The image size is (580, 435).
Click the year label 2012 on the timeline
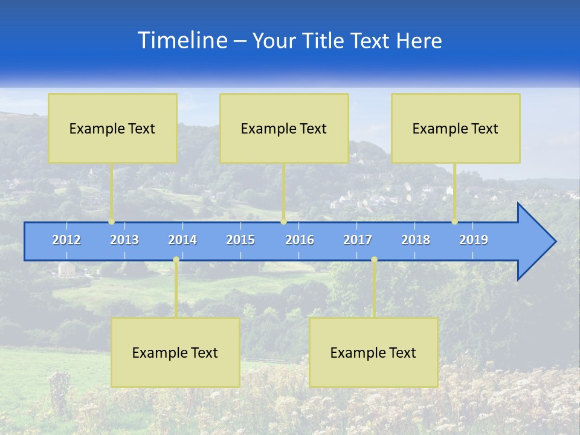point(66,240)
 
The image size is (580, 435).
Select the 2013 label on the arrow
point(124,240)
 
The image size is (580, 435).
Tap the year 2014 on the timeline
point(182,240)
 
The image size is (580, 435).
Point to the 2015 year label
point(240,240)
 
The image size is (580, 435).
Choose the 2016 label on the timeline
point(300,240)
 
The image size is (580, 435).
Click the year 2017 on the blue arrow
point(358,240)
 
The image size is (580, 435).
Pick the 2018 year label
point(416,240)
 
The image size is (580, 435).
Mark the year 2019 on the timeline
point(474,240)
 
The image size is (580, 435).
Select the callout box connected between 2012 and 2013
point(112,128)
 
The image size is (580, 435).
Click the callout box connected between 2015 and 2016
point(284,128)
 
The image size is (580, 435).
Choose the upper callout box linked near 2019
point(456,128)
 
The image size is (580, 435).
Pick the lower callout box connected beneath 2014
point(175,352)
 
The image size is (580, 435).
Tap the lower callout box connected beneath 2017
point(373,352)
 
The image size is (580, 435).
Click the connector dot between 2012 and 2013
point(112,222)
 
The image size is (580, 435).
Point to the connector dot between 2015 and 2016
point(283,222)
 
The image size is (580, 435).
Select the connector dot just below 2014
point(176,260)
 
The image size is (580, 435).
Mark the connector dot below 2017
point(374,260)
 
